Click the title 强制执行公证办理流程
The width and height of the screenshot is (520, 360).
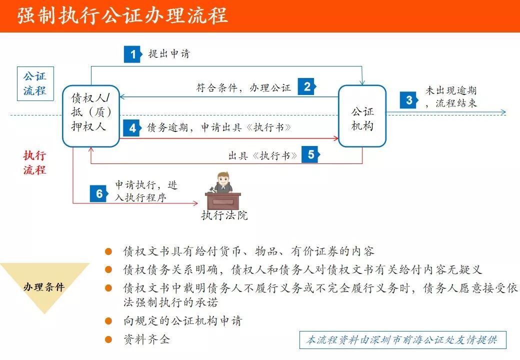point(123,16)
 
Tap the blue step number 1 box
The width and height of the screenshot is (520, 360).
point(132,54)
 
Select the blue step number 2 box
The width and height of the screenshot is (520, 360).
point(307,86)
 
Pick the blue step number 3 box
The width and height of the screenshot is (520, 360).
point(409,100)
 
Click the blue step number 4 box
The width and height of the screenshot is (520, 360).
point(132,128)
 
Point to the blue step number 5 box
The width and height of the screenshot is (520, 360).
point(311,154)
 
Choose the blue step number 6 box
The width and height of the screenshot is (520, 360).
point(99,193)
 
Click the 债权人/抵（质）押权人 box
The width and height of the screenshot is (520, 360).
point(91,115)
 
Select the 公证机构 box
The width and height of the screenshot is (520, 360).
point(362,116)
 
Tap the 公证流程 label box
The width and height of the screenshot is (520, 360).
point(34,83)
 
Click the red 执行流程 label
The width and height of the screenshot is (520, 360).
point(34,162)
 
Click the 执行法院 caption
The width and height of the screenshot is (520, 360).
point(224,215)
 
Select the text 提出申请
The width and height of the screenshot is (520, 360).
point(169,54)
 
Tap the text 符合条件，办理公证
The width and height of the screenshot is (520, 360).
point(243,87)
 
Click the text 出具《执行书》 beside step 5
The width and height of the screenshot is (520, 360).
point(262,155)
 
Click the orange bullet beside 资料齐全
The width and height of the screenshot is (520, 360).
point(108,339)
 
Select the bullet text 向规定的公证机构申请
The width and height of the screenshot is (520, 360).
point(182,320)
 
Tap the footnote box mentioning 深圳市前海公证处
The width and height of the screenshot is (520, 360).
point(402,340)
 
